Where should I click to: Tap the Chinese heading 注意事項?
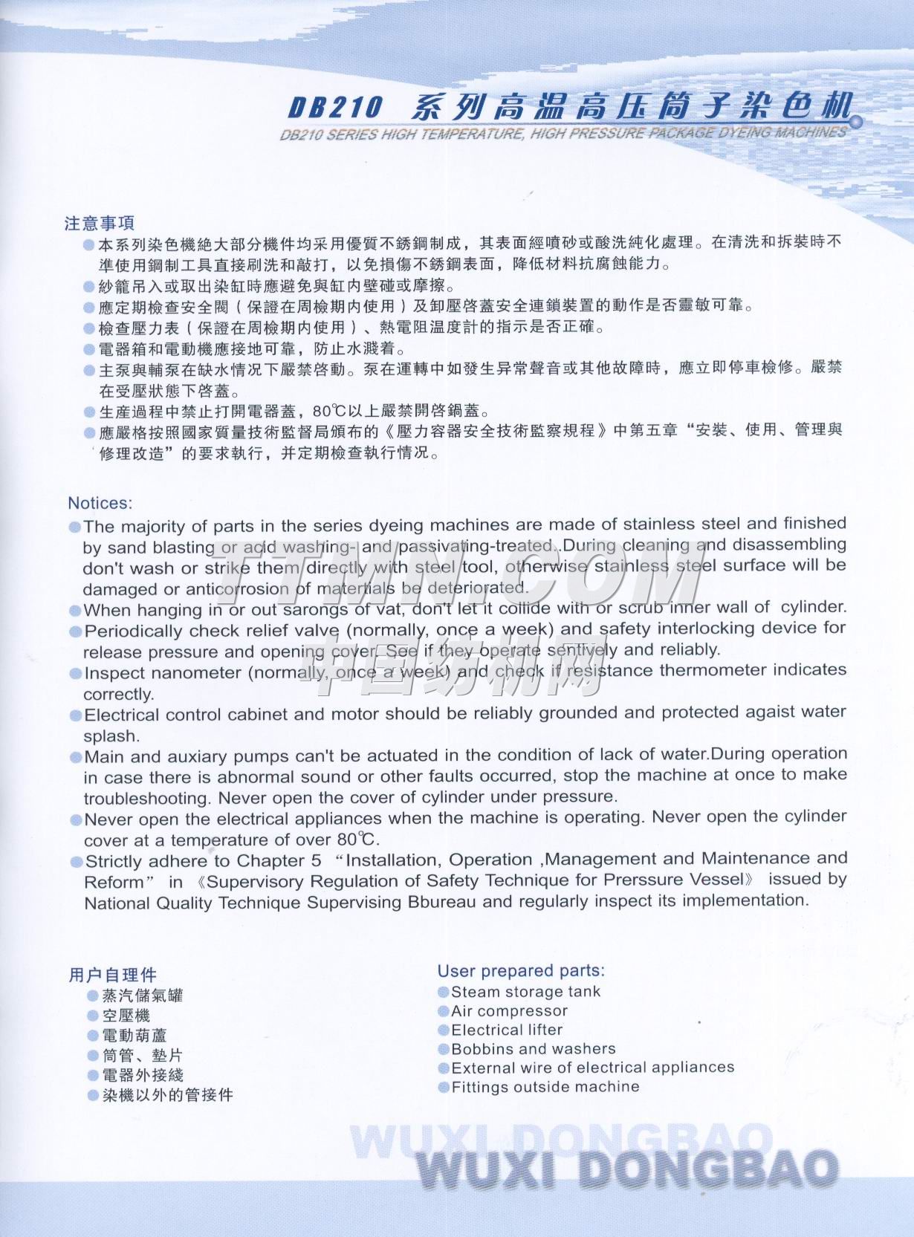pos(100,223)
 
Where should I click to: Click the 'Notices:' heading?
pos(100,503)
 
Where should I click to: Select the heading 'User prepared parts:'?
pos(521,970)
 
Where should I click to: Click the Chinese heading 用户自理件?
pos(113,975)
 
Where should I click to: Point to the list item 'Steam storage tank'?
pos(525,991)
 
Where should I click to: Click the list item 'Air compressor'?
pos(509,1010)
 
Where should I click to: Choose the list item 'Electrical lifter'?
pos(507,1030)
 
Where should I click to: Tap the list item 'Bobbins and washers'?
pos(534,1049)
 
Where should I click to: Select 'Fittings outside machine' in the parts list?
pos(545,1087)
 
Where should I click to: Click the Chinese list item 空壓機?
pos(126,1015)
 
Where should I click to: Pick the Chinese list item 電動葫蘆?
pos(134,1035)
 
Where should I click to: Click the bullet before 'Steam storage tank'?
pos(444,992)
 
